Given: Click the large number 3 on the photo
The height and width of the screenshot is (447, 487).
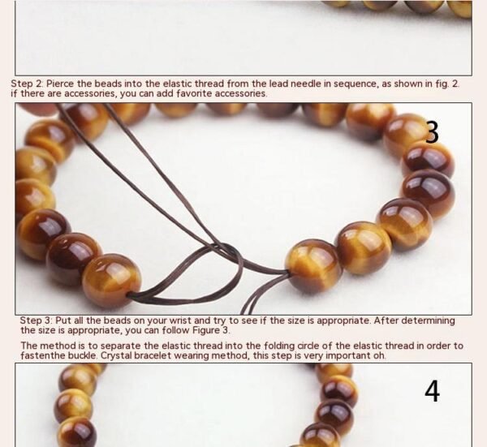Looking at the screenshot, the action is [432, 132].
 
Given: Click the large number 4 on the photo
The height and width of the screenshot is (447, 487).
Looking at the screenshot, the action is [432, 392].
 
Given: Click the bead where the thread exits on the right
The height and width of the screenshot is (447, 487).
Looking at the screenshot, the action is [313, 267].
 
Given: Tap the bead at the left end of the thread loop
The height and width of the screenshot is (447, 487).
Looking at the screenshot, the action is [111, 282].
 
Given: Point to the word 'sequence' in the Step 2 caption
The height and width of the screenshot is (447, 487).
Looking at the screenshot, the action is [356, 84].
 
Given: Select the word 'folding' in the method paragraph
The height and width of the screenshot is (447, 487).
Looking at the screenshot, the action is [280, 346].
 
